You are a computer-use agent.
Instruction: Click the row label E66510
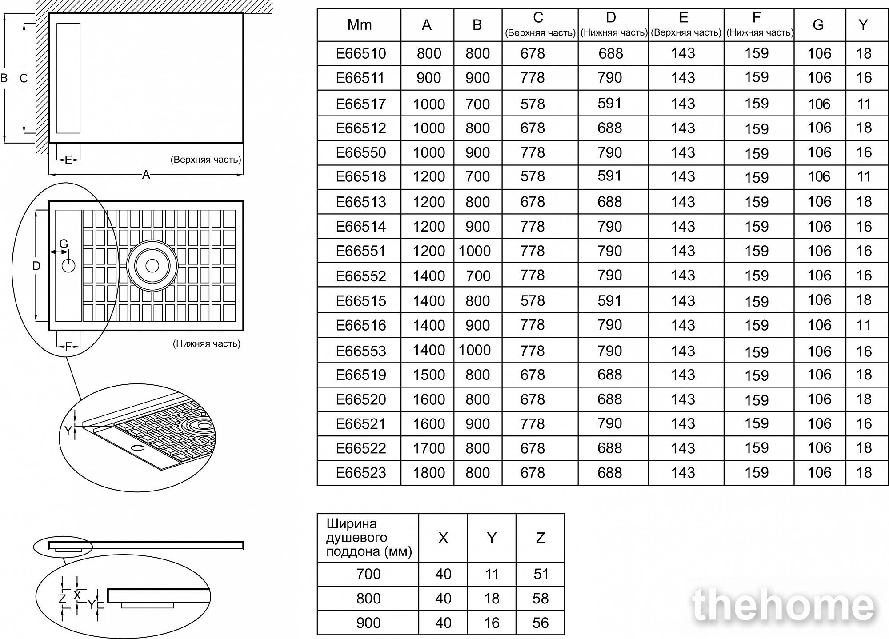(x=361, y=54)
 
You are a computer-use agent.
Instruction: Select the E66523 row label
(x=361, y=473)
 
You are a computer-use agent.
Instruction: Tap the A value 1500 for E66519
(x=429, y=375)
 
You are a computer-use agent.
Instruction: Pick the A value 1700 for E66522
(x=429, y=448)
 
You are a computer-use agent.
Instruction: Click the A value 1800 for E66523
(x=429, y=473)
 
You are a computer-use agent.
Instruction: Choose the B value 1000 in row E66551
(x=475, y=251)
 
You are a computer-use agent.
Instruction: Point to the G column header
(x=818, y=25)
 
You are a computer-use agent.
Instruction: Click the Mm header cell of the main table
(x=359, y=25)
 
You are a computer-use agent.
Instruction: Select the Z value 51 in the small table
(x=541, y=574)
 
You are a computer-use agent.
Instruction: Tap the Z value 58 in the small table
(x=541, y=599)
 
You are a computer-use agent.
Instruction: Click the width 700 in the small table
(x=368, y=574)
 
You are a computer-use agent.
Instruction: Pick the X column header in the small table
(x=443, y=538)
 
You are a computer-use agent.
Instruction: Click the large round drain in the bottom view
(x=152, y=266)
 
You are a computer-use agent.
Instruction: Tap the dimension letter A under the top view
(x=146, y=175)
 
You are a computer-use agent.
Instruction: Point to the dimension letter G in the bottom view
(x=64, y=244)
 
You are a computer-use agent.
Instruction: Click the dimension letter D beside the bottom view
(x=36, y=266)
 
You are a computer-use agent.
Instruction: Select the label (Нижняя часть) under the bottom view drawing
(x=207, y=343)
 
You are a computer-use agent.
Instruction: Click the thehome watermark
(x=783, y=605)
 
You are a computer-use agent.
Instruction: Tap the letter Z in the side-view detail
(x=62, y=599)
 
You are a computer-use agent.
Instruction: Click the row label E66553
(x=361, y=351)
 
